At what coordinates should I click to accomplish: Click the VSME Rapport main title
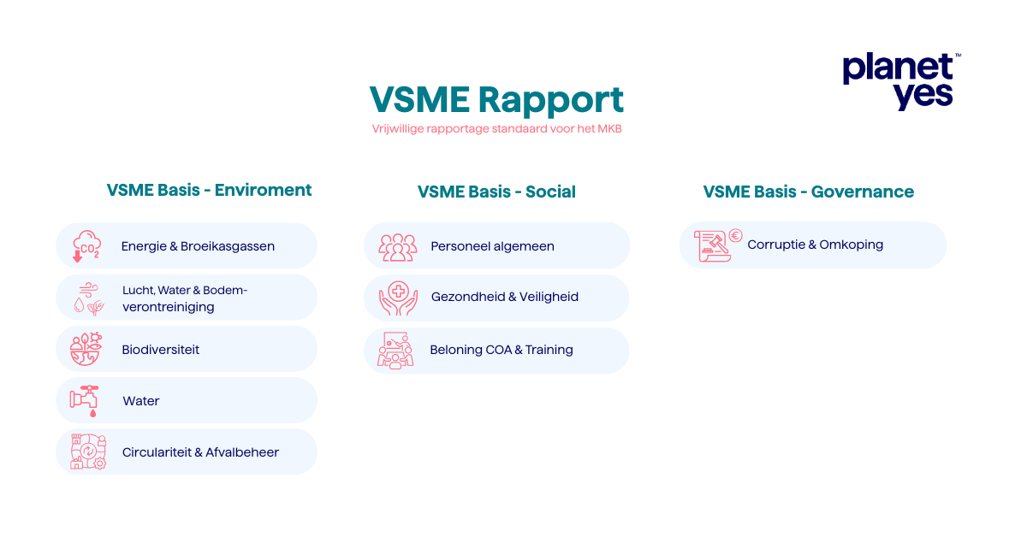(x=496, y=99)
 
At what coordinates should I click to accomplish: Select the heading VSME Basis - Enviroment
(x=209, y=190)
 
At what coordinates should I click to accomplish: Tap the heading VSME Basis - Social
(x=496, y=192)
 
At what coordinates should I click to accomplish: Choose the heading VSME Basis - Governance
(x=808, y=192)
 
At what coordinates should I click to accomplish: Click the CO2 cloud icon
(x=86, y=245)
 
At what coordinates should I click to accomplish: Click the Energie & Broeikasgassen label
(x=198, y=246)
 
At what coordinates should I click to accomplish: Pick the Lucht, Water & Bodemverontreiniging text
(x=185, y=298)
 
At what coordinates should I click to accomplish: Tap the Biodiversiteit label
(x=161, y=350)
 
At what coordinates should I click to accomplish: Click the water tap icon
(x=85, y=400)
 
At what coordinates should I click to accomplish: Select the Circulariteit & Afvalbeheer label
(x=200, y=452)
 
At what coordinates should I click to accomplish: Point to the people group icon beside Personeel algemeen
(x=397, y=247)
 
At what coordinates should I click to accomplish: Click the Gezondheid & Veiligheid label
(x=505, y=297)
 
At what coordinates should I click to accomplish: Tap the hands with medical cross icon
(x=397, y=298)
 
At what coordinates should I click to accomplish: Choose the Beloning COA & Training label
(x=502, y=350)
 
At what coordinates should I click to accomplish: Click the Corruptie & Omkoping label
(x=815, y=245)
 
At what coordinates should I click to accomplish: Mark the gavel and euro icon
(x=717, y=245)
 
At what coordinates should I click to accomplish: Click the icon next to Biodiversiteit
(x=86, y=349)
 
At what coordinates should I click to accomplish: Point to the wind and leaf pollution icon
(x=88, y=298)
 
